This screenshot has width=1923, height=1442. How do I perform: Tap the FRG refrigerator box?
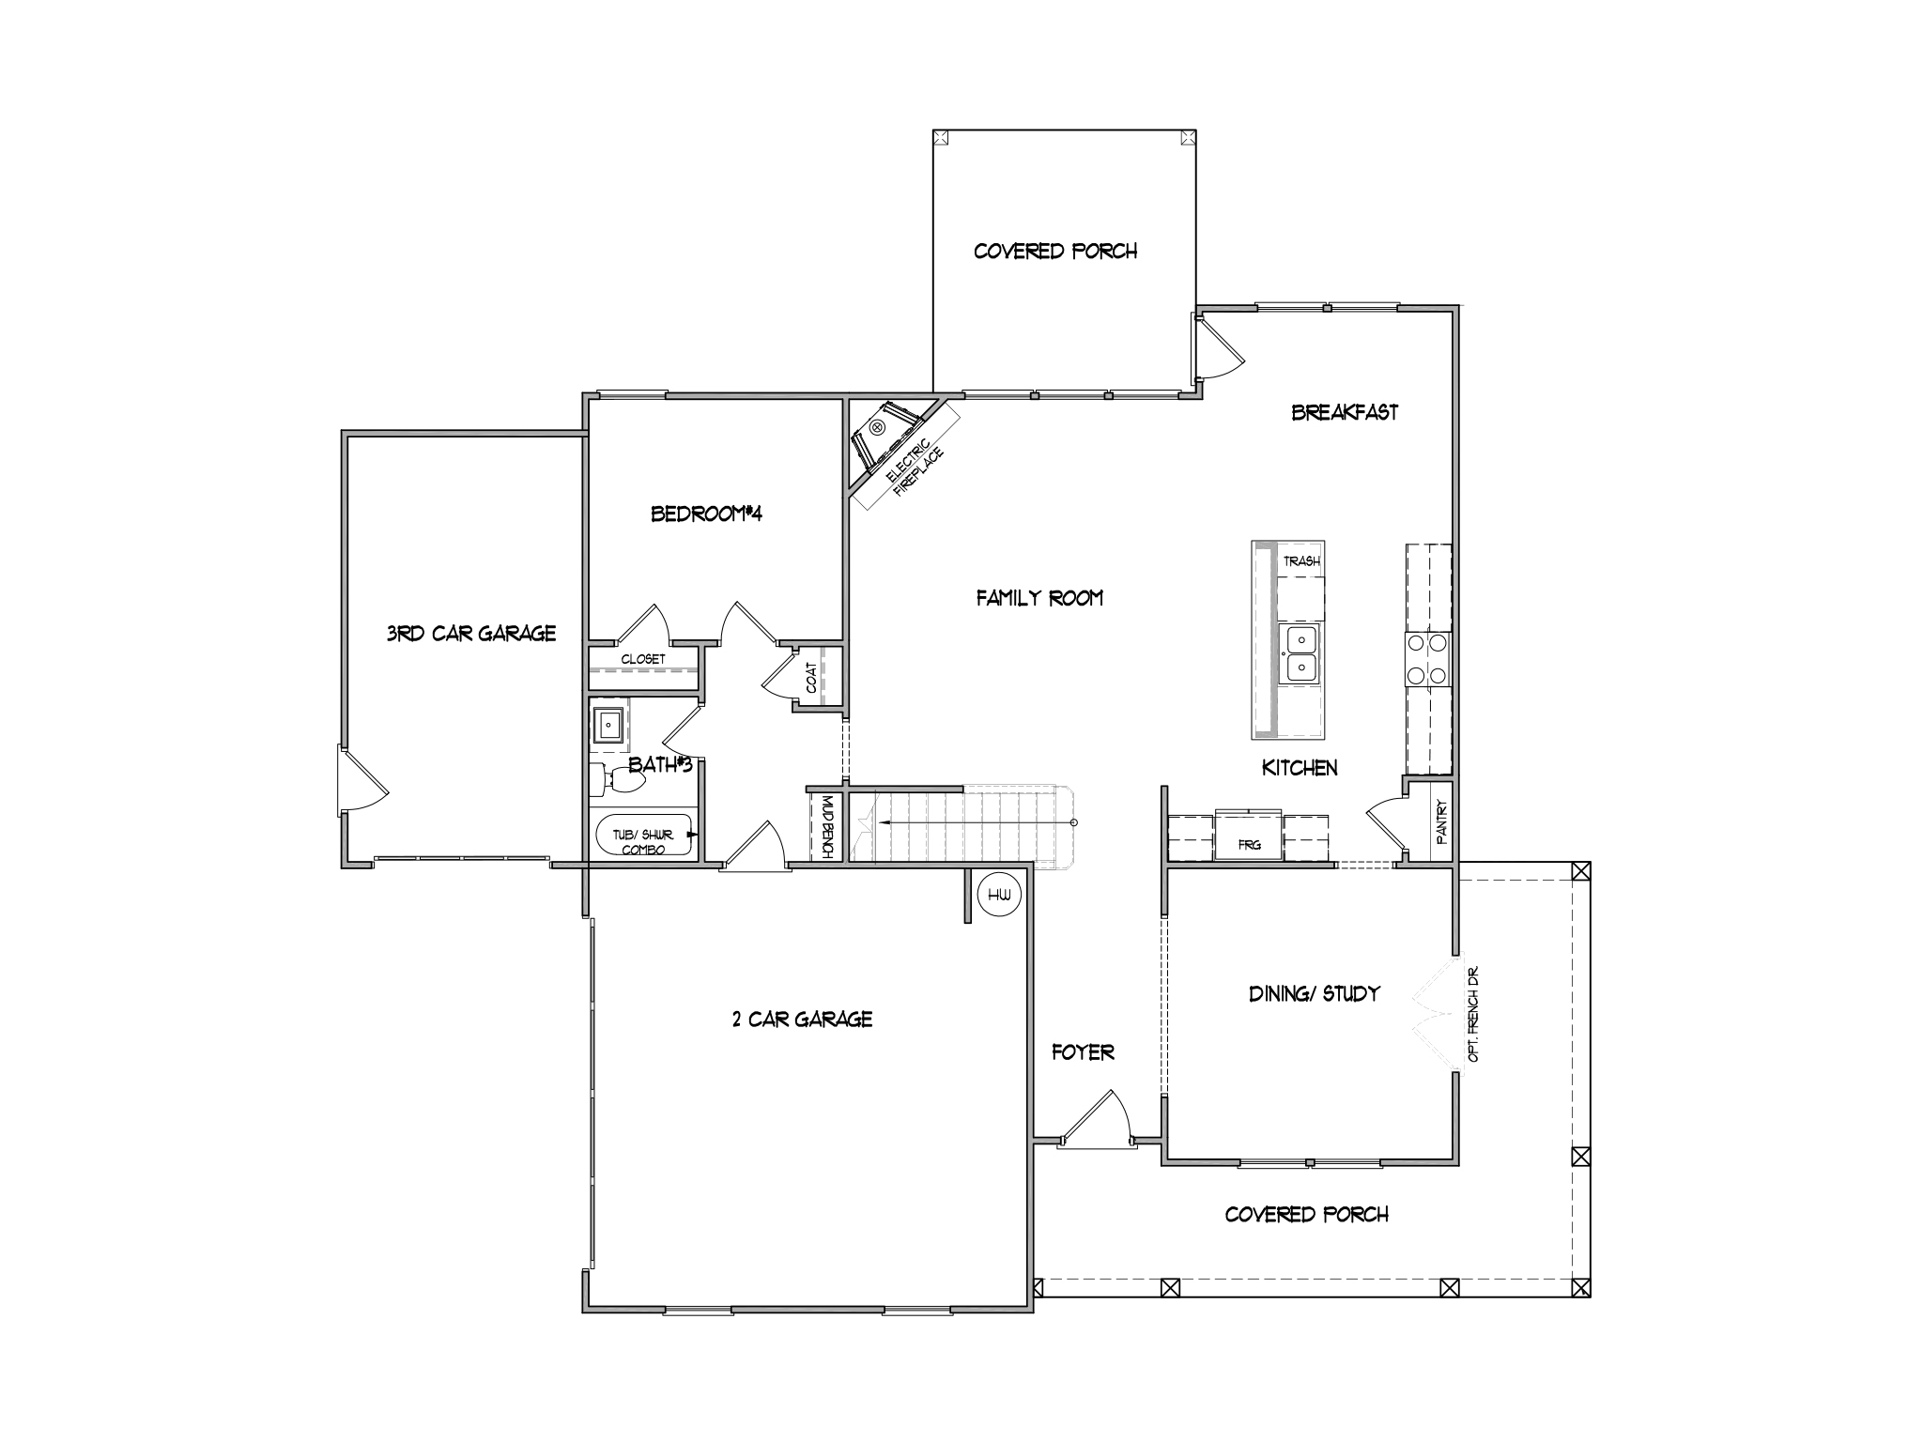click(x=1249, y=835)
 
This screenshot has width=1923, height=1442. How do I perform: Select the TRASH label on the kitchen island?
click(x=1301, y=560)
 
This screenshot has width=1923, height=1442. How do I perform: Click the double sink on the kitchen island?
click(x=1301, y=653)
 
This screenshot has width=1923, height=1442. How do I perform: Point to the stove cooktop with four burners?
click(x=1427, y=659)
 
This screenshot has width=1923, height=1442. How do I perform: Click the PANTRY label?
click(x=1441, y=818)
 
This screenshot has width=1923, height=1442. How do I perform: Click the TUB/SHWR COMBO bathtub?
click(x=644, y=835)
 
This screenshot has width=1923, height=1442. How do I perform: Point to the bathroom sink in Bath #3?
click(x=609, y=725)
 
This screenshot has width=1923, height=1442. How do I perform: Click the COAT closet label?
click(x=810, y=677)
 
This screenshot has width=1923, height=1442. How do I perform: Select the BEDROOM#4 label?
click(x=706, y=514)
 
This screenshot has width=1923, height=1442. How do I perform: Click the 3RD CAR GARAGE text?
click(x=471, y=634)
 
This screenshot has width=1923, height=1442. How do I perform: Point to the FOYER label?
click(x=1083, y=1052)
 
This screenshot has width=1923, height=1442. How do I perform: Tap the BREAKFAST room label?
click(x=1345, y=412)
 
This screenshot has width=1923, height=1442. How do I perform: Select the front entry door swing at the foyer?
click(x=1095, y=1117)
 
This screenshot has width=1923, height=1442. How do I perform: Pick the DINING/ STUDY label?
click(x=1314, y=993)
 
